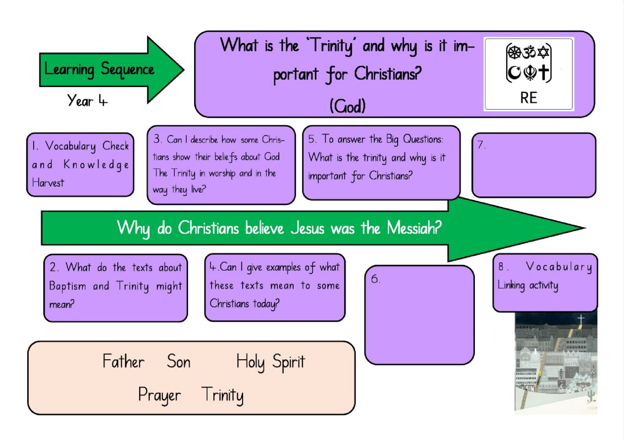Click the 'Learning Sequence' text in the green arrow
(99, 70)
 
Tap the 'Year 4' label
(87, 100)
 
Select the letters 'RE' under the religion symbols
(528, 98)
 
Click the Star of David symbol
(543, 52)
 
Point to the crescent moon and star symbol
(514, 73)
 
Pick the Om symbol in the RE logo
(529, 52)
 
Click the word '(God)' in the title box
(347, 106)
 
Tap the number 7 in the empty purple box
(481, 145)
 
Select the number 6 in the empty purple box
(375, 279)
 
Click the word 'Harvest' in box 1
(48, 183)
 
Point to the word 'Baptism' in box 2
(67, 286)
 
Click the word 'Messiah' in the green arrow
(414, 228)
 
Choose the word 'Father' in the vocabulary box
(123, 361)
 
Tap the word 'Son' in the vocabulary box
(179, 361)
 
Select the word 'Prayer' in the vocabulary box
(159, 395)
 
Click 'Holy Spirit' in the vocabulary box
(271, 362)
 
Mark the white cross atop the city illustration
(581, 320)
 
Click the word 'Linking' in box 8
(511, 286)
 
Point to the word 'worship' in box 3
(222, 173)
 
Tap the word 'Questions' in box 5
(423, 139)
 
